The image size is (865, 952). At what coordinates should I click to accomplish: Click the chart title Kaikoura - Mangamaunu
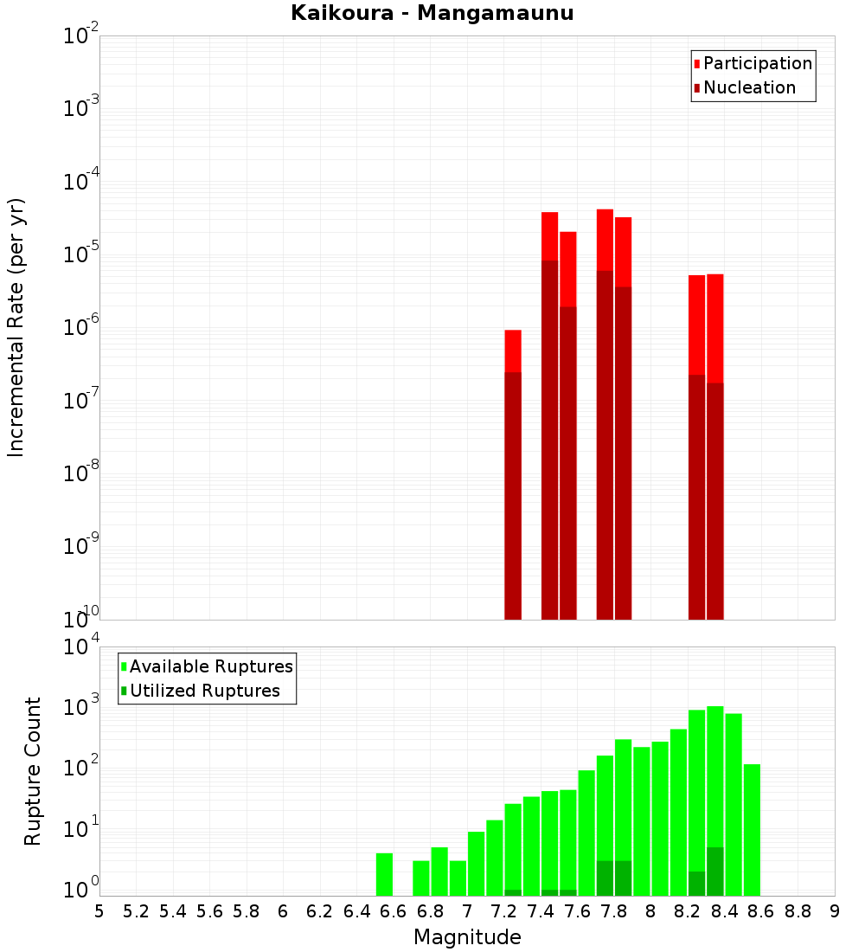[432, 13]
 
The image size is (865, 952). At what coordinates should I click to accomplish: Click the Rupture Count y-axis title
[33, 771]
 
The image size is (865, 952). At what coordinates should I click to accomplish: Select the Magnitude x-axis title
[467, 937]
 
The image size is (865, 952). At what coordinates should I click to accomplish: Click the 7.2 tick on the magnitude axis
[503, 911]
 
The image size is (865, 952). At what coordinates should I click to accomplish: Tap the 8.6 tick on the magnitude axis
[761, 911]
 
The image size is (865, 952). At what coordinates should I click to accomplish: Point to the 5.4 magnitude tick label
[173, 911]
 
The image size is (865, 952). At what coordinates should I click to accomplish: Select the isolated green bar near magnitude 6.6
[385, 874]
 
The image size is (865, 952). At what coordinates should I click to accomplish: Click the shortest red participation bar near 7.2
[513, 351]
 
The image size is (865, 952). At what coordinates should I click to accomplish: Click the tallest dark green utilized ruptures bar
[715, 872]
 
